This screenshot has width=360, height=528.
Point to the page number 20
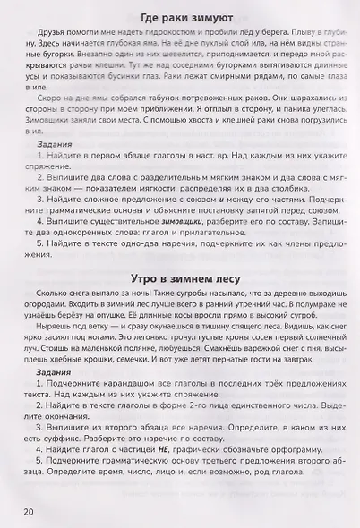coord(24,510)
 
